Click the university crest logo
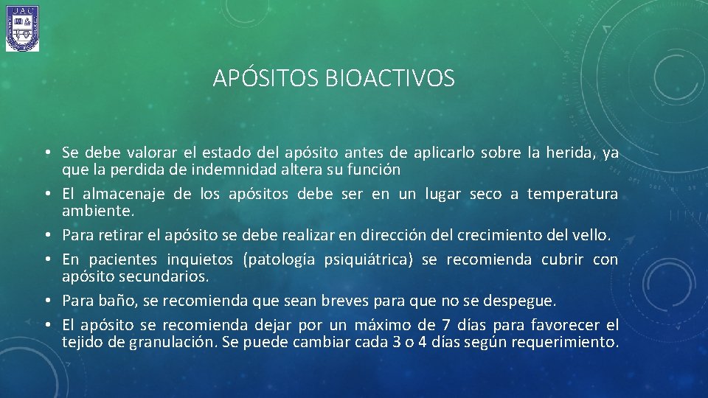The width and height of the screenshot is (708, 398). (x=22, y=28)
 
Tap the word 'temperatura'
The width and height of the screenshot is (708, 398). (x=574, y=194)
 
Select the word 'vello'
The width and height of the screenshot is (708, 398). (x=590, y=235)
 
